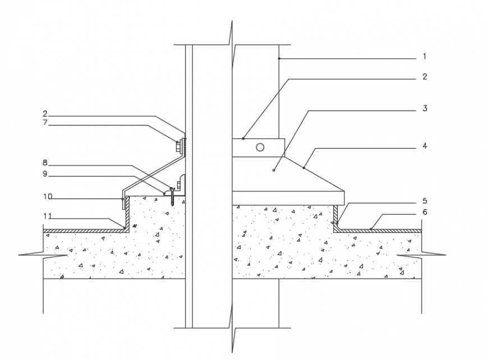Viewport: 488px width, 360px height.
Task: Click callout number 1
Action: tap(425, 56)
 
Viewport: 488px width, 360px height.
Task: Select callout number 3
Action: tap(425, 108)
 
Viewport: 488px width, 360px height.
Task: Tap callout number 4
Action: tap(425, 146)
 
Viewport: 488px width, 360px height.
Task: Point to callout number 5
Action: tap(425, 201)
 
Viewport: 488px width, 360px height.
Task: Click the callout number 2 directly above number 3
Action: tap(425, 77)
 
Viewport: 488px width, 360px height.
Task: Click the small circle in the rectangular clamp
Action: tap(260, 147)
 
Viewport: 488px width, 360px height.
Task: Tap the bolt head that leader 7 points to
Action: tap(178, 147)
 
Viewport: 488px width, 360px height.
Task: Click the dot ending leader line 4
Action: tap(303, 167)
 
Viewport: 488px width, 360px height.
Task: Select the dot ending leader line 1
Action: tap(279, 58)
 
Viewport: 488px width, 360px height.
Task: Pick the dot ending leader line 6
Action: tap(371, 229)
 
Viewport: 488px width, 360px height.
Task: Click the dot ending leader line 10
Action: tap(122, 197)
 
